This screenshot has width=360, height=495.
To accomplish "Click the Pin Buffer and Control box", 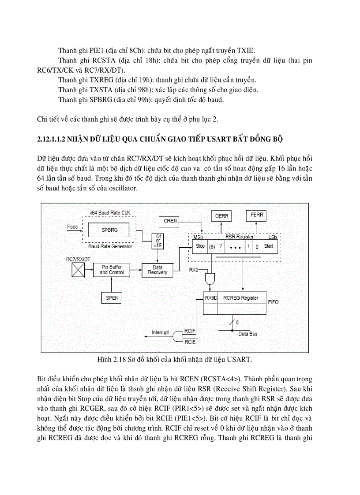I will (x=111, y=270).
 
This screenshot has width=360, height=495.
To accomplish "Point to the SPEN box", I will (x=112, y=298).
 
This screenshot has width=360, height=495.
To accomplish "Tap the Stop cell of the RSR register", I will (x=200, y=246).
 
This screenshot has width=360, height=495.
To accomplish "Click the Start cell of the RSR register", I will (x=268, y=246).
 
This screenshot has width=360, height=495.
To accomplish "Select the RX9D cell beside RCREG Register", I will (x=211, y=298).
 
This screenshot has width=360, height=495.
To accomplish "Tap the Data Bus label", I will (x=248, y=334).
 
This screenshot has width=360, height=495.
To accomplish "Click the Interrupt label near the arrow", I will (x=160, y=332).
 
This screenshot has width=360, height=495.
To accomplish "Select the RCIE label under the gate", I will (x=190, y=342).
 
